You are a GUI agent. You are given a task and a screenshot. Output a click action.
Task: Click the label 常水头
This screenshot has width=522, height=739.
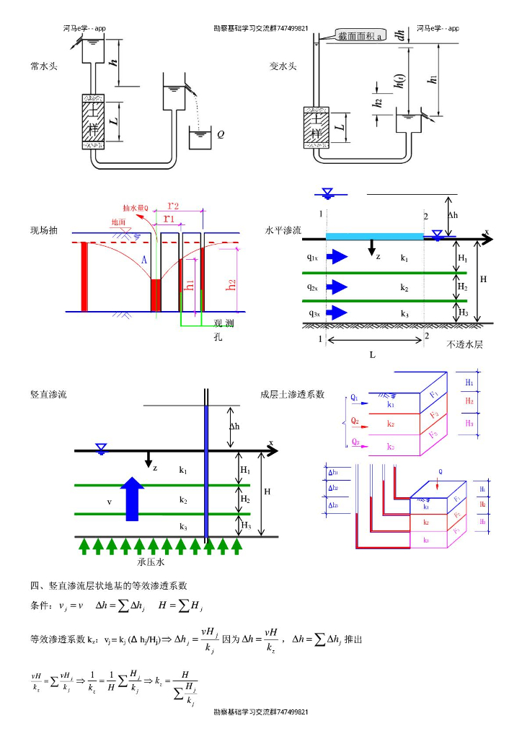tap(44, 66)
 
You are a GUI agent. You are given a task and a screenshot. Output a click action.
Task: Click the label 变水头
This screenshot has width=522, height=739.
tap(283, 66)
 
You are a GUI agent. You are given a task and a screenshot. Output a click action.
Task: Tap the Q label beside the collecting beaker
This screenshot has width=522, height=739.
tap(221, 134)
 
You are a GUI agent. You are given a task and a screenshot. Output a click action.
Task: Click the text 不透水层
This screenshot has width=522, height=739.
tap(465, 344)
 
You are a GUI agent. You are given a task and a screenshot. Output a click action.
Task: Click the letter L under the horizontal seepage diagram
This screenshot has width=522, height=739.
tap(372, 355)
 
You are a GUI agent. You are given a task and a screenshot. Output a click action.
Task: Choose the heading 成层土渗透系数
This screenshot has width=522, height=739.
tap(292, 395)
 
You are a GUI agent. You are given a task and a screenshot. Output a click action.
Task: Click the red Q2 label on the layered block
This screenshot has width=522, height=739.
tap(355, 419)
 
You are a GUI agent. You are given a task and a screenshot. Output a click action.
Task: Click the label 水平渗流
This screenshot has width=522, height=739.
tap(283, 231)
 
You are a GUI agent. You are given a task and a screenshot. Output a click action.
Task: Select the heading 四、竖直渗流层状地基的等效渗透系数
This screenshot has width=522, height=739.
tap(109, 585)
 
